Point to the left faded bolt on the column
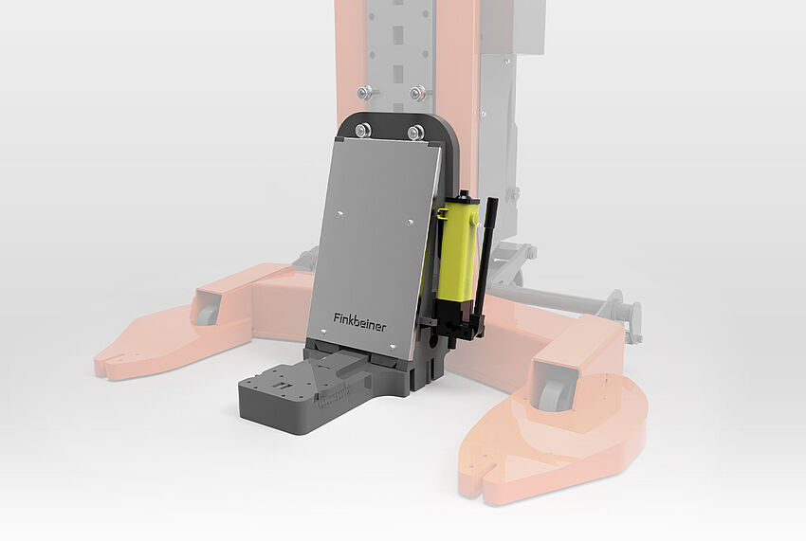(363, 92)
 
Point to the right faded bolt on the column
(417, 93)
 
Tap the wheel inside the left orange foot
(206, 312)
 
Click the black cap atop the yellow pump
(462, 197)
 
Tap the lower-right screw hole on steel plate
(396, 344)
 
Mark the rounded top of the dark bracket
(398, 118)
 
